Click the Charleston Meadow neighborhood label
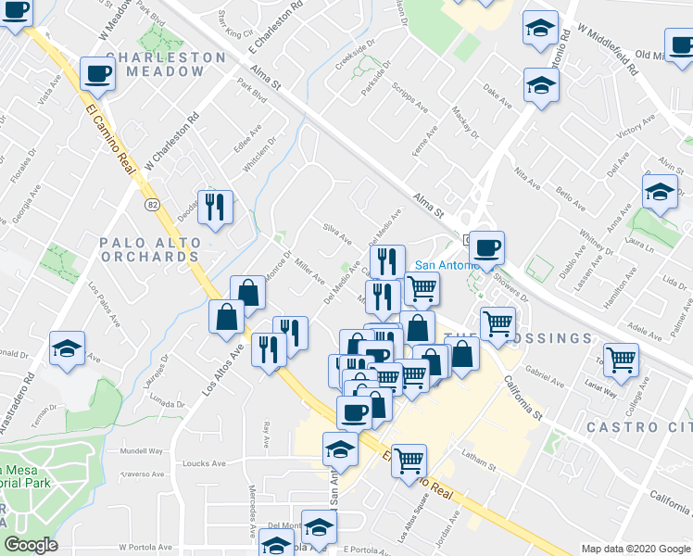pos(166,64)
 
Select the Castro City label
pos(639,426)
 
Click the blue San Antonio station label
pos(443,264)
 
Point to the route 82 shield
pos(150,202)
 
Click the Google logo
pos(31,545)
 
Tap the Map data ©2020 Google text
pos(635,549)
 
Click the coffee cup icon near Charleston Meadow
pos(96,73)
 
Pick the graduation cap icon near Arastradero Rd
pos(67,348)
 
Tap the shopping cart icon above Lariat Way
pos(621,358)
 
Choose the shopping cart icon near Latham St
pos(408,459)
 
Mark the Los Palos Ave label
pos(107,303)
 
